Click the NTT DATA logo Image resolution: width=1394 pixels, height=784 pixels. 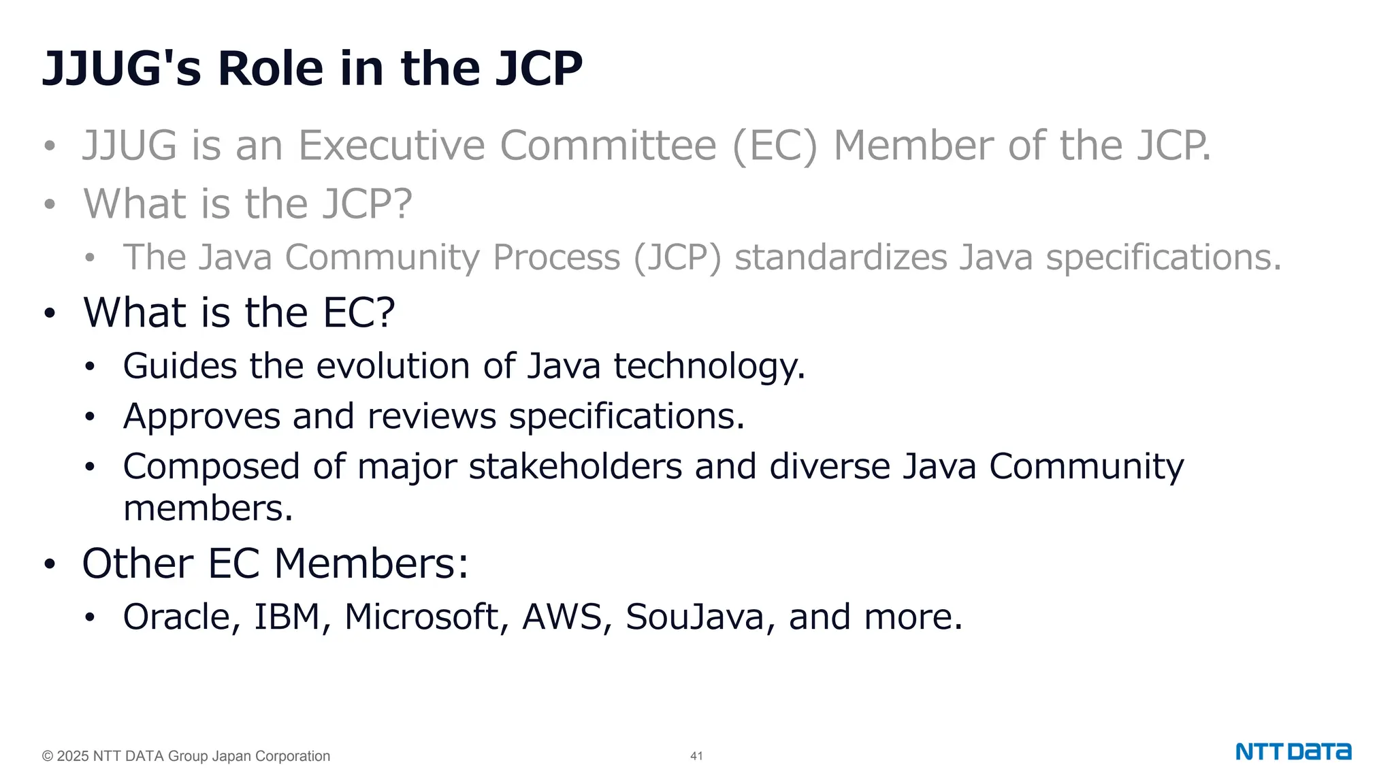(1293, 752)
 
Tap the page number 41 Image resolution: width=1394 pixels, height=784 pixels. (696, 756)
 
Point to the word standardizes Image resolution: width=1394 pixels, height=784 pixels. (841, 257)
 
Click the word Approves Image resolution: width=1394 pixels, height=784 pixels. (201, 416)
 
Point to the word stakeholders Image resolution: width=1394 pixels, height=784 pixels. (575, 467)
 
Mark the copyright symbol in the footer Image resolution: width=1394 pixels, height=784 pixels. (48, 756)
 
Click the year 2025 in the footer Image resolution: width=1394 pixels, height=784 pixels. (73, 756)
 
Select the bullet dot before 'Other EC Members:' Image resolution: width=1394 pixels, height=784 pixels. (49, 564)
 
